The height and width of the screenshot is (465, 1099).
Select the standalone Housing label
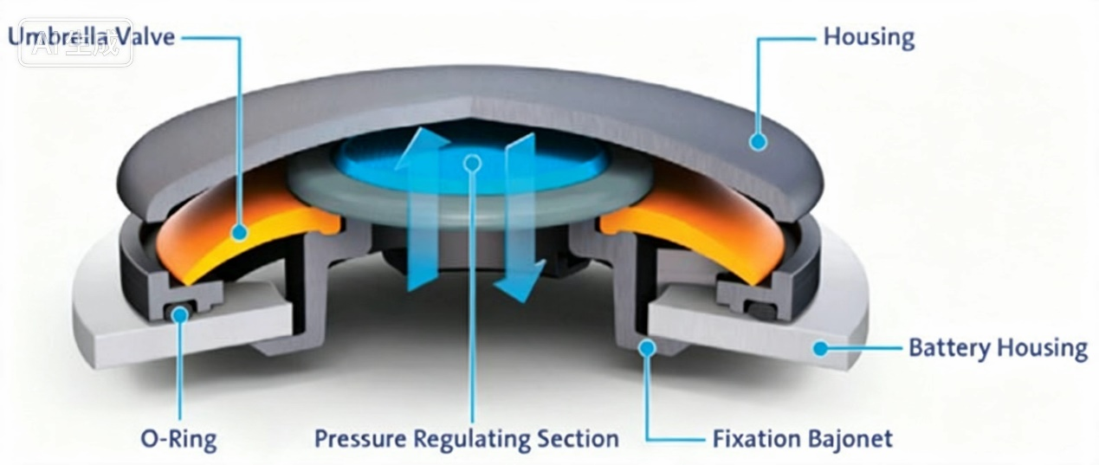tap(869, 38)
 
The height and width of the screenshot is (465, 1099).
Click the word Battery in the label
tap(950, 349)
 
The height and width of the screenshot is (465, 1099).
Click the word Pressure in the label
tap(360, 438)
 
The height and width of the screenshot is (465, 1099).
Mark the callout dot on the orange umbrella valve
tap(239, 231)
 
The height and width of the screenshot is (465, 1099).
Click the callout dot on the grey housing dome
tap(758, 142)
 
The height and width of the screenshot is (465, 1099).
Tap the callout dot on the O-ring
tap(180, 314)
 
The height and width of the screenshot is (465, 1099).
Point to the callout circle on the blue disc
tap(473, 163)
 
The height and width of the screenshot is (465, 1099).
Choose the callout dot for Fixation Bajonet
tap(648, 348)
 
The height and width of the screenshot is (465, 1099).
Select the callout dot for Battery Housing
tap(820, 349)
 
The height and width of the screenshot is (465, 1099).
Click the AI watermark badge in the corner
tap(76, 42)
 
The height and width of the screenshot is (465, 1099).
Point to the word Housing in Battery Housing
tap(1043, 349)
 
